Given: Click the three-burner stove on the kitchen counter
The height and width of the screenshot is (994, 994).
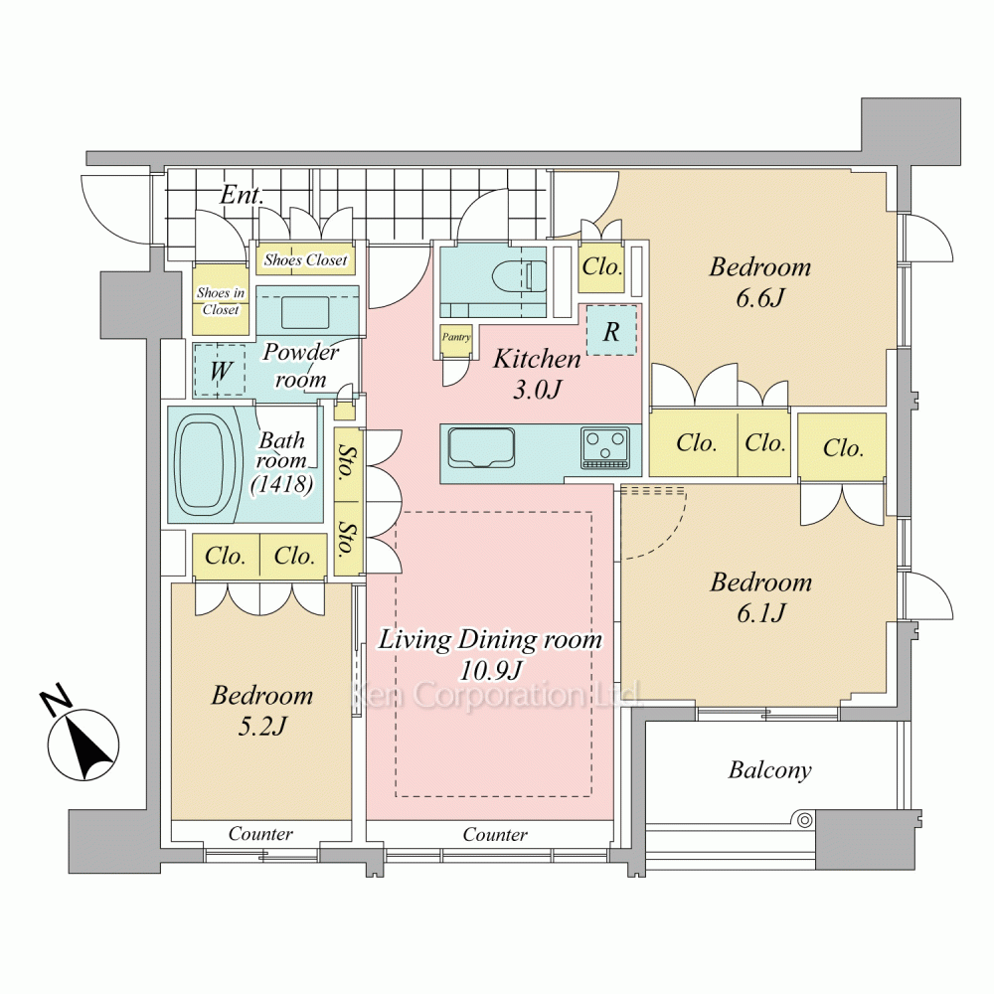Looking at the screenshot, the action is [606, 449].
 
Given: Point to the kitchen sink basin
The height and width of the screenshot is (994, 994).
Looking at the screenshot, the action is [480, 447].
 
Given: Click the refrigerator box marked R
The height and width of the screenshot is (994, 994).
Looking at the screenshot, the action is [611, 331].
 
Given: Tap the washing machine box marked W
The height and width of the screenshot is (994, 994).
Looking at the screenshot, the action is [220, 370].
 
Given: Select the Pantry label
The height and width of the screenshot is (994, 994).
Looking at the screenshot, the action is [456, 337].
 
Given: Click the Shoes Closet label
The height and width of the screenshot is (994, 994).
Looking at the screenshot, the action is [305, 259].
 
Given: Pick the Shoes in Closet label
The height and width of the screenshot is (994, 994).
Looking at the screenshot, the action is [221, 301].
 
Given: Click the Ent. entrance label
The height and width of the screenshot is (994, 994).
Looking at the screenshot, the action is [242, 195].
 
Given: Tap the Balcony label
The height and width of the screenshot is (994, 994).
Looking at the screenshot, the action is [769, 770].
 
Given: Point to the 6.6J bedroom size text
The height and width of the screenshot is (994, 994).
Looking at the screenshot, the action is [760, 297].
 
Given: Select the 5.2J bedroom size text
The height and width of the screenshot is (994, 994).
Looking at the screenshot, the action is [261, 726].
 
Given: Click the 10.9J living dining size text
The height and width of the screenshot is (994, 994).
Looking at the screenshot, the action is [491, 670].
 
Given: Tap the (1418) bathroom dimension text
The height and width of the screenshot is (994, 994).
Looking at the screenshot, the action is [281, 484].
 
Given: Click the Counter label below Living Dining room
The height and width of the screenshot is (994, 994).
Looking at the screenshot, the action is [494, 834].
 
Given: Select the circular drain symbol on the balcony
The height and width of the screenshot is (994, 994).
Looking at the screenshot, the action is [804, 820].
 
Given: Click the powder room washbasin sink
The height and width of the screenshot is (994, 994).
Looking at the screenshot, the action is [305, 312].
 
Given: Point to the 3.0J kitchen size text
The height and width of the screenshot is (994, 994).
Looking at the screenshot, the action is [537, 390].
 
